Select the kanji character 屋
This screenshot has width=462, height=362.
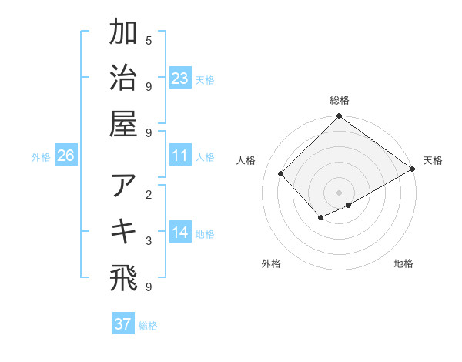[123, 123]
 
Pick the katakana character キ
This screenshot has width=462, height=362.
[123, 231]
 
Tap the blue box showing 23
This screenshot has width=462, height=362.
[180, 78]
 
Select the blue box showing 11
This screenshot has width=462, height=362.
[180, 156]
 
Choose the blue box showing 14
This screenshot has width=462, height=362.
[180, 233]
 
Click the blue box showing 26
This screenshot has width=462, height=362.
[66, 156]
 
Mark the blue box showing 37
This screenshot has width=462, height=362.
[123, 324]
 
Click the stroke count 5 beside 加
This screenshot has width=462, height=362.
[149, 40]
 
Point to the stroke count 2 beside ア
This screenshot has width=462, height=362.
[149, 195]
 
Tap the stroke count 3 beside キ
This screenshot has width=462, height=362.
[149, 241]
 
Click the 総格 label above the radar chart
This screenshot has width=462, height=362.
[340, 100]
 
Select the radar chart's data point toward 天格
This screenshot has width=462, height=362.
[413, 169]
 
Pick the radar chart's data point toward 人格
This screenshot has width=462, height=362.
[281, 173]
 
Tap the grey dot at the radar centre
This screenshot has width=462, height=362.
[340, 192]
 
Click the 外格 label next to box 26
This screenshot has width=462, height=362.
[41, 157]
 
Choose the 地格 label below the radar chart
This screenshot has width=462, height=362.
[403, 264]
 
